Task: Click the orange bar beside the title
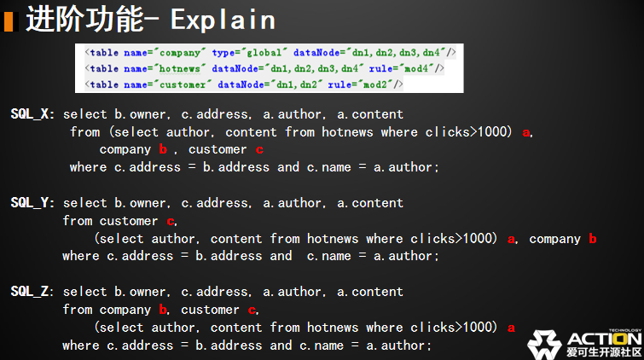point(9,20)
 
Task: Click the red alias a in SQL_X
point(525,132)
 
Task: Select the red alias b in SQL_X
point(162,149)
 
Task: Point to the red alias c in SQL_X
point(258,149)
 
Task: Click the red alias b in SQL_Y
point(592,239)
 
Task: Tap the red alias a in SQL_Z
point(511,328)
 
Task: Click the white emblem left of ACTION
point(545,343)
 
